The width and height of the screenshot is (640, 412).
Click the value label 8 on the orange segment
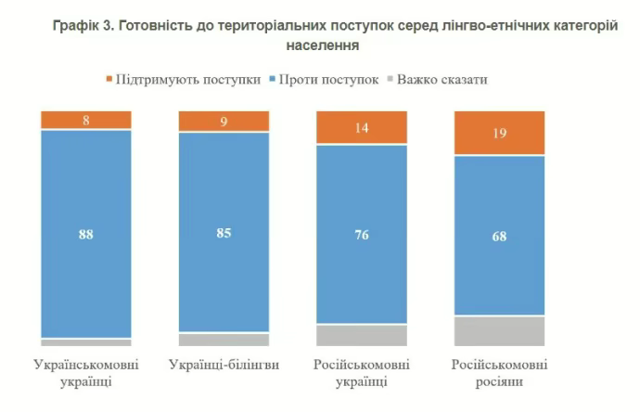point(85,120)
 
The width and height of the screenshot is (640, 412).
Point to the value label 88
point(85,234)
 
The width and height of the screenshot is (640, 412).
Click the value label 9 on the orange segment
point(224,122)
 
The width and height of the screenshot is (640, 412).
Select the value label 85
point(224,233)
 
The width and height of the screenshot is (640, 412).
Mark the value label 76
point(362,235)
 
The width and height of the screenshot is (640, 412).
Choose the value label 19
point(499,134)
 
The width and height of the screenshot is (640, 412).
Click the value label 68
point(499,236)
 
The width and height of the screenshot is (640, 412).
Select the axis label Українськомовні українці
point(85,371)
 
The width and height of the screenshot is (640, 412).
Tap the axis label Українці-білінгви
point(224,363)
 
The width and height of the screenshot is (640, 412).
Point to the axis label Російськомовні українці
point(362,371)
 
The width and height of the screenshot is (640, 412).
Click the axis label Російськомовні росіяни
point(499,371)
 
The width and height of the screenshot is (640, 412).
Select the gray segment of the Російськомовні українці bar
point(362,335)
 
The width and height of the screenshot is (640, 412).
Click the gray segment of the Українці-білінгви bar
point(224,340)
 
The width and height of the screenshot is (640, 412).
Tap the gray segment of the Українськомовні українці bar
point(85,342)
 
